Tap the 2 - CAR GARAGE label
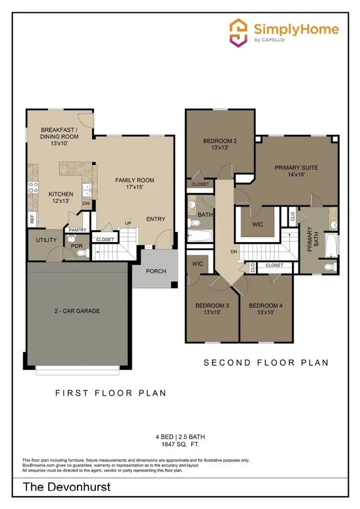pyautogui.click(x=77, y=311)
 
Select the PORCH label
pyautogui.click(x=156, y=271)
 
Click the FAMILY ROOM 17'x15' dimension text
pyautogui.click(x=135, y=188)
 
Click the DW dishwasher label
pyautogui.click(x=86, y=204)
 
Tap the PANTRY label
pyautogui.click(x=77, y=230)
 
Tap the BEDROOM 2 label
pyautogui.click(x=219, y=140)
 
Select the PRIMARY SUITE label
pyautogui.click(x=296, y=167)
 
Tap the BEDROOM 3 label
pyautogui.click(x=212, y=306)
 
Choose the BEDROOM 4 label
pyautogui.click(x=265, y=306)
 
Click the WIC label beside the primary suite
pyautogui.click(x=257, y=224)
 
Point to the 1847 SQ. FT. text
pyautogui.click(x=180, y=444)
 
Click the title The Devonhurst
pyautogui.click(x=66, y=487)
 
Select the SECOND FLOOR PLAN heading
pyautogui.click(x=266, y=363)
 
